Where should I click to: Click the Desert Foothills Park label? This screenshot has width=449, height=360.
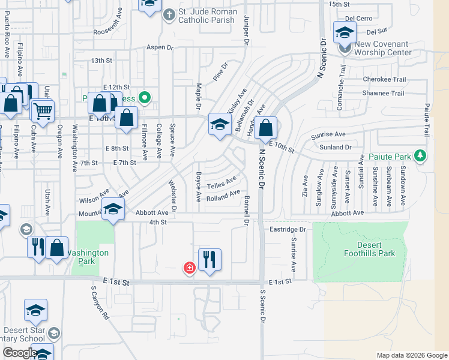pos(376,249)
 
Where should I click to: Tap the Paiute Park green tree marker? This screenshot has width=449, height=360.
pos(421,156)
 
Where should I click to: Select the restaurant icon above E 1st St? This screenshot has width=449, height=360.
pos(209,260)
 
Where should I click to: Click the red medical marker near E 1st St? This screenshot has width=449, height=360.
pos(190,267)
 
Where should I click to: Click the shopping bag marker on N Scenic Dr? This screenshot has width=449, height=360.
pos(266,128)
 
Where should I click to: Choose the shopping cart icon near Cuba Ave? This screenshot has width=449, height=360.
pos(43,110)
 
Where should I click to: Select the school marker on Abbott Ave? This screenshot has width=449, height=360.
pos(112,210)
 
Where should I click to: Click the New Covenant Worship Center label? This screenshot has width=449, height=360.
pos(381,48)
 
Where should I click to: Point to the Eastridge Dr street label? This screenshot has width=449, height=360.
pos(288,229)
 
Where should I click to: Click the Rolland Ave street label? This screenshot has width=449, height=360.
pos(223,196)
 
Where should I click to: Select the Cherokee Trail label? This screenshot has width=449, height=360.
pos(384,79)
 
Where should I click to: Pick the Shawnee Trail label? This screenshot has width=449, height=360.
pos(383,93)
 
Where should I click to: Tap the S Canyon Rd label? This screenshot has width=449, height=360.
pos(100,303)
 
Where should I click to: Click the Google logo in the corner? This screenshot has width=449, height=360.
pos(19,353)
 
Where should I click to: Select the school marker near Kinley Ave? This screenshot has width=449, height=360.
pos(220,125)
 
